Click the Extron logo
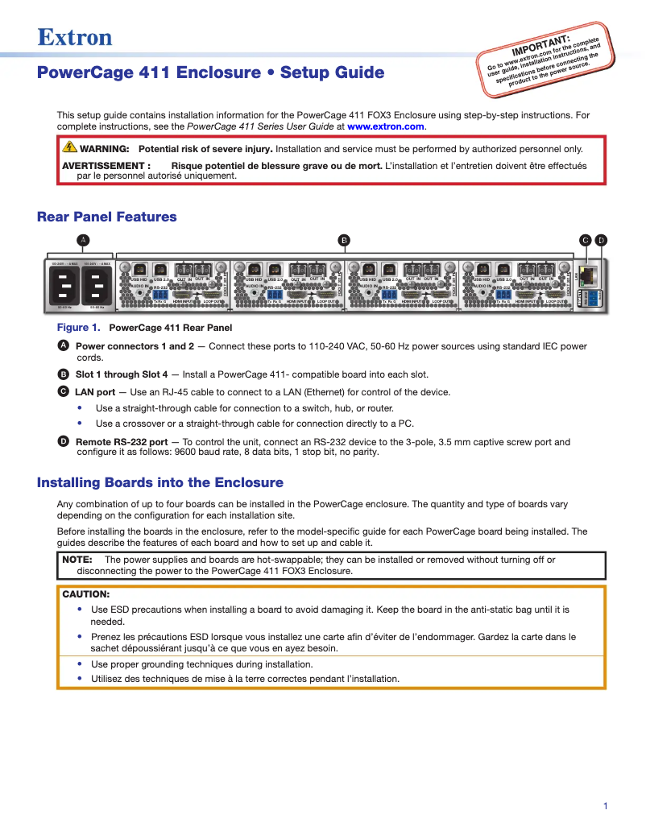74,37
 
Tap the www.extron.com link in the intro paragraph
385,126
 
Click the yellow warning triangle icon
70,147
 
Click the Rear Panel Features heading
106,217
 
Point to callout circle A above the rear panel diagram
82,240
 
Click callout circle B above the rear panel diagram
343,240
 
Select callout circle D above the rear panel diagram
601,240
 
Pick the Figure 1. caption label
78,328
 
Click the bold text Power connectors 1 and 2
135,346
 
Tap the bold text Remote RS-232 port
122,442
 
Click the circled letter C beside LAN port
64,392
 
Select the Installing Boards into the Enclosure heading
160,483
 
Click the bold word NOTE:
77,559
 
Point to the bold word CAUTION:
85,594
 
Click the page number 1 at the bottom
605,806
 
